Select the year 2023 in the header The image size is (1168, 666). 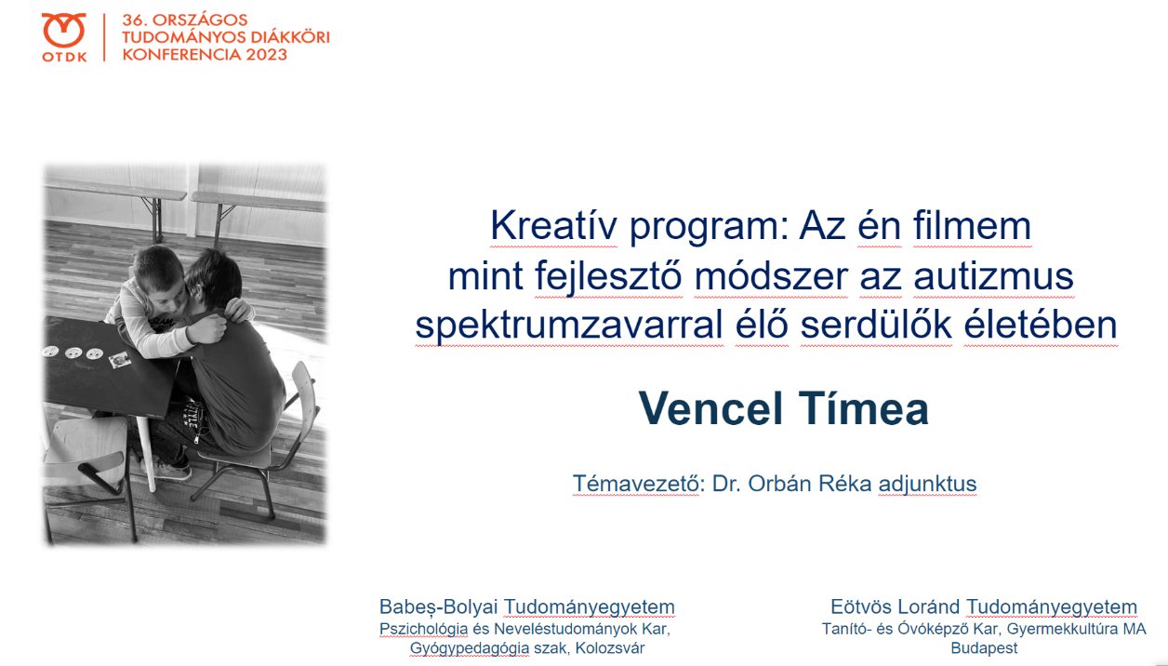pyautogui.click(x=267, y=55)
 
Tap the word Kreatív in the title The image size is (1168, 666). pyautogui.click(x=553, y=225)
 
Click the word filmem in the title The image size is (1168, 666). pyautogui.click(x=972, y=225)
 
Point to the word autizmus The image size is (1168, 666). pyautogui.click(x=993, y=276)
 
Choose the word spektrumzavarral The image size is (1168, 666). pyautogui.click(x=569, y=325)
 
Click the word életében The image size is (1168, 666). pyautogui.click(x=1041, y=325)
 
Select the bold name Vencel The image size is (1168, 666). pyautogui.click(x=710, y=408)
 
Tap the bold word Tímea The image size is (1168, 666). pyautogui.click(x=864, y=408)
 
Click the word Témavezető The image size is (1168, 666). pyautogui.click(x=635, y=484)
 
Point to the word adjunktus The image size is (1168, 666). pyautogui.click(x=927, y=484)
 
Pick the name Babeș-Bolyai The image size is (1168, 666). pyautogui.click(x=439, y=607)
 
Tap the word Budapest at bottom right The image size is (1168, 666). pyautogui.click(x=984, y=648)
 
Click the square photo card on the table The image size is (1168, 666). pyautogui.click(x=119, y=360)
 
